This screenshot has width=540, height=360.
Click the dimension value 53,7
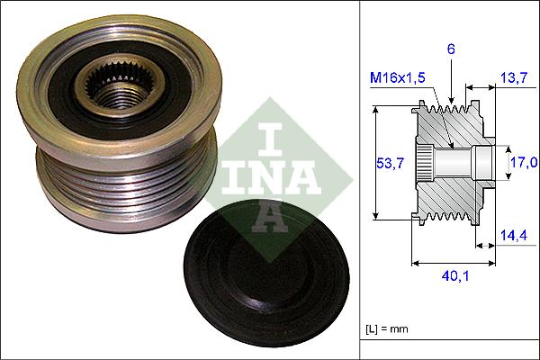point(388,163)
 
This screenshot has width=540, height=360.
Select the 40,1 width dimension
point(455,277)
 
